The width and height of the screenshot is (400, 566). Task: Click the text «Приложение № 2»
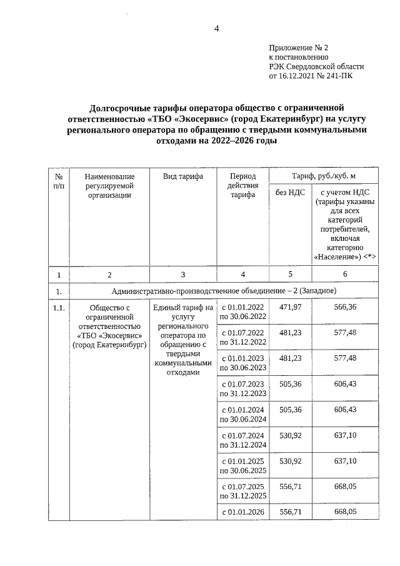298,48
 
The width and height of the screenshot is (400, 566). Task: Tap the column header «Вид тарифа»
183,177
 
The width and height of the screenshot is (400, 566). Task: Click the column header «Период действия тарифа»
242,186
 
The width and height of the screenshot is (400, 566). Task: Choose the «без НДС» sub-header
290,192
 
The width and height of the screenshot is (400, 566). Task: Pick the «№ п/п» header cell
58,181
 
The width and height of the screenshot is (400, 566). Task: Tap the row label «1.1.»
58,307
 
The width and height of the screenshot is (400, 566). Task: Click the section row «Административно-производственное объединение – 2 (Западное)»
224,291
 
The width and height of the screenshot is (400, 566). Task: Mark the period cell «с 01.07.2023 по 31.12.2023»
242,388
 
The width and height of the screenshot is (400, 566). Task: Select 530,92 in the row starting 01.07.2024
290,435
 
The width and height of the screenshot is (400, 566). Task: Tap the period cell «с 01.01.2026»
242,512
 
